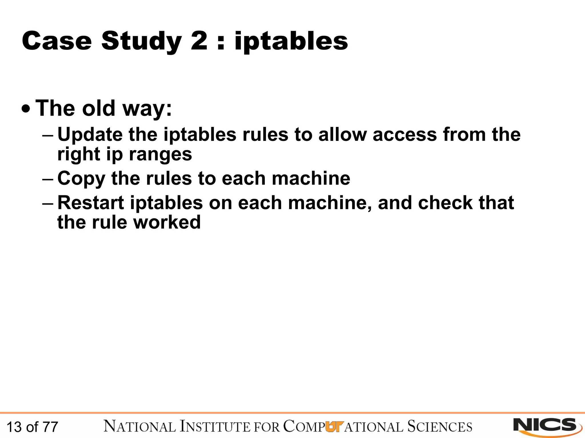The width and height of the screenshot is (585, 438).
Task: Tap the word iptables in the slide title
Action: (x=291, y=42)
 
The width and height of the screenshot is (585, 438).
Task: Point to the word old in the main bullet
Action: (x=98, y=108)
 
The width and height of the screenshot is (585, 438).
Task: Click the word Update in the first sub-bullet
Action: (x=90, y=135)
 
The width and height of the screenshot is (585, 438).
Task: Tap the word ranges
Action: (x=160, y=155)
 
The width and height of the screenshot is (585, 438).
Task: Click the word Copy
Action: (x=81, y=179)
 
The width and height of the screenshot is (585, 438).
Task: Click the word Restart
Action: (x=91, y=203)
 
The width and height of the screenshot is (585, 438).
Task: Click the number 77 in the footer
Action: (x=50, y=427)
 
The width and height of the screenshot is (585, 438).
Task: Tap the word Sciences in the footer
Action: (x=440, y=427)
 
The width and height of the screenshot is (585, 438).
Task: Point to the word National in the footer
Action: (x=140, y=427)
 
